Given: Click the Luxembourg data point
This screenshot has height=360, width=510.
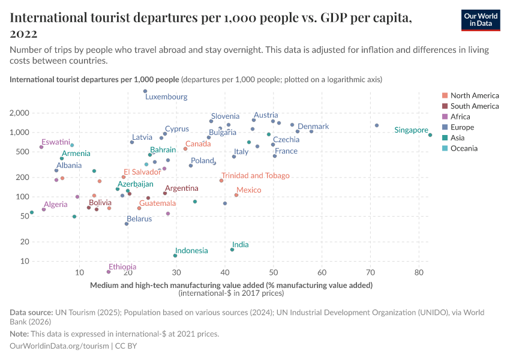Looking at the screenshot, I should pyautogui.click(x=145, y=91).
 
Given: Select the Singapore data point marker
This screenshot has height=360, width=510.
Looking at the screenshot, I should pyautogui.click(x=430, y=135).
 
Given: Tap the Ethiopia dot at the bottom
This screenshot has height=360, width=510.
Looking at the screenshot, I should pyautogui.click(x=109, y=272).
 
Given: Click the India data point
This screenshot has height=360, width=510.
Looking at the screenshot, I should pyautogui.click(x=232, y=250).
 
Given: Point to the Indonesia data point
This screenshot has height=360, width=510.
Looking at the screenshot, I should pyautogui.click(x=175, y=256).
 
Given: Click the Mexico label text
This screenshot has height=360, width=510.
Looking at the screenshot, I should pyautogui.click(x=248, y=190).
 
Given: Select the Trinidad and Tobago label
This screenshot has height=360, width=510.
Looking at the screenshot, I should pyautogui.click(x=255, y=176).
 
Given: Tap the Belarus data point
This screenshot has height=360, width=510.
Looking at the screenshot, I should pyautogui.click(x=127, y=224).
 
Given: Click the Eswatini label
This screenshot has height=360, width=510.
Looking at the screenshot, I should pyautogui.click(x=56, y=142).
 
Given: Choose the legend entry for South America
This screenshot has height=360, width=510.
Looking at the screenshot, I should pyautogui.click(x=474, y=106).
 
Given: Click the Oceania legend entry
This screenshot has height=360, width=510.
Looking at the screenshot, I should pyautogui.click(x=464, y=148).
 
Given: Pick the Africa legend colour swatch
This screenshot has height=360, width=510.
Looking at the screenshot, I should pyautogui.click(x=444, y=117).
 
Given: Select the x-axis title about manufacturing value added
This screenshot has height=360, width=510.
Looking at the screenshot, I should pyautogui.click(x=231, y=285).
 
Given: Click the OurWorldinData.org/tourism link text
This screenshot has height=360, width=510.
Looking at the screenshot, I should pyautogui.click(x=59, y=346).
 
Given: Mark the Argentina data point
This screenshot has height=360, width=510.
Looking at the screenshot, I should pyautogui.click(x=165, y=193).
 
